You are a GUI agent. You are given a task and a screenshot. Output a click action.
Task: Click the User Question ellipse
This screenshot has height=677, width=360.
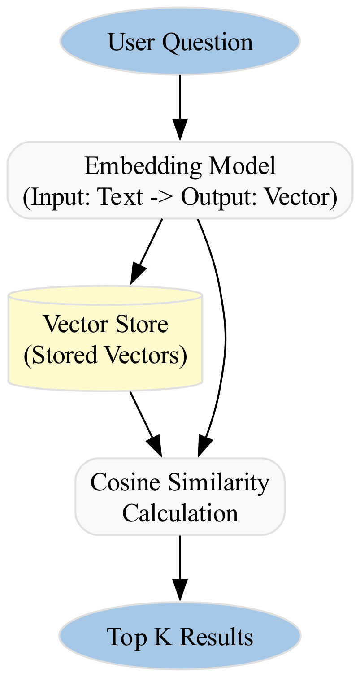[180, 41]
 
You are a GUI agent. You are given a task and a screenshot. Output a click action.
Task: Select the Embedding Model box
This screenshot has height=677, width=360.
[180, 181]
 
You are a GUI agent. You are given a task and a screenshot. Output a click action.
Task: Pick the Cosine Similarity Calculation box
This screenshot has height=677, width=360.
[180, 497]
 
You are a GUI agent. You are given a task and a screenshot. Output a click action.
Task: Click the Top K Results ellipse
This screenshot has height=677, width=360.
[180, 636]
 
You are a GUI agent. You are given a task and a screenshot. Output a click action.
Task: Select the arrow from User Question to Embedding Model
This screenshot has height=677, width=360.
[180, 108]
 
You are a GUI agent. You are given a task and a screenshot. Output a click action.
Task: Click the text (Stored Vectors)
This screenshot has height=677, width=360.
[105, 356]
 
